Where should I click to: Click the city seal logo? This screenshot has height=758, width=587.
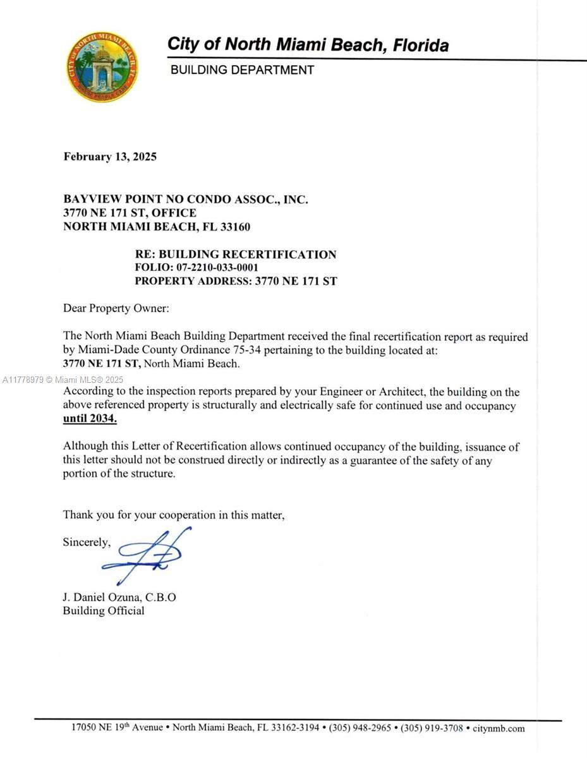click(x=102, y=67)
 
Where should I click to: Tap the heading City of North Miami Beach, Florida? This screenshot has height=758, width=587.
click(x=308, y=45)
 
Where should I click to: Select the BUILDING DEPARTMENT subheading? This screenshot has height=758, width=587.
click(x=242, y=70)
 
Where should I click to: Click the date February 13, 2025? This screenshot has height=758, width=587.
click(x=110, y=157)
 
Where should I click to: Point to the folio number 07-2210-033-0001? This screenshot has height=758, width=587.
click(x=212, y=268)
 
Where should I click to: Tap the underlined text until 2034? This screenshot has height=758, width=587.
click(x=90, y=419)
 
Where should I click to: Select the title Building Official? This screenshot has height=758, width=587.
click(x=104, y=611)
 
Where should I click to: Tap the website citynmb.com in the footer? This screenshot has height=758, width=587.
click(x=499, y=728)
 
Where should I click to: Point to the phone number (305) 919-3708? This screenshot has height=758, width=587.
click(x=432, y=728)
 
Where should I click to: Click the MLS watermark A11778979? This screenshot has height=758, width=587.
click(x=23, y=380)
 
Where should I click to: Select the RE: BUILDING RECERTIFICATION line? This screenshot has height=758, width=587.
click(x=236, y=255)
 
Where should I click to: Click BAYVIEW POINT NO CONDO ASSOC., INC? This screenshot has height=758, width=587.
click(x=186, y=200)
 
